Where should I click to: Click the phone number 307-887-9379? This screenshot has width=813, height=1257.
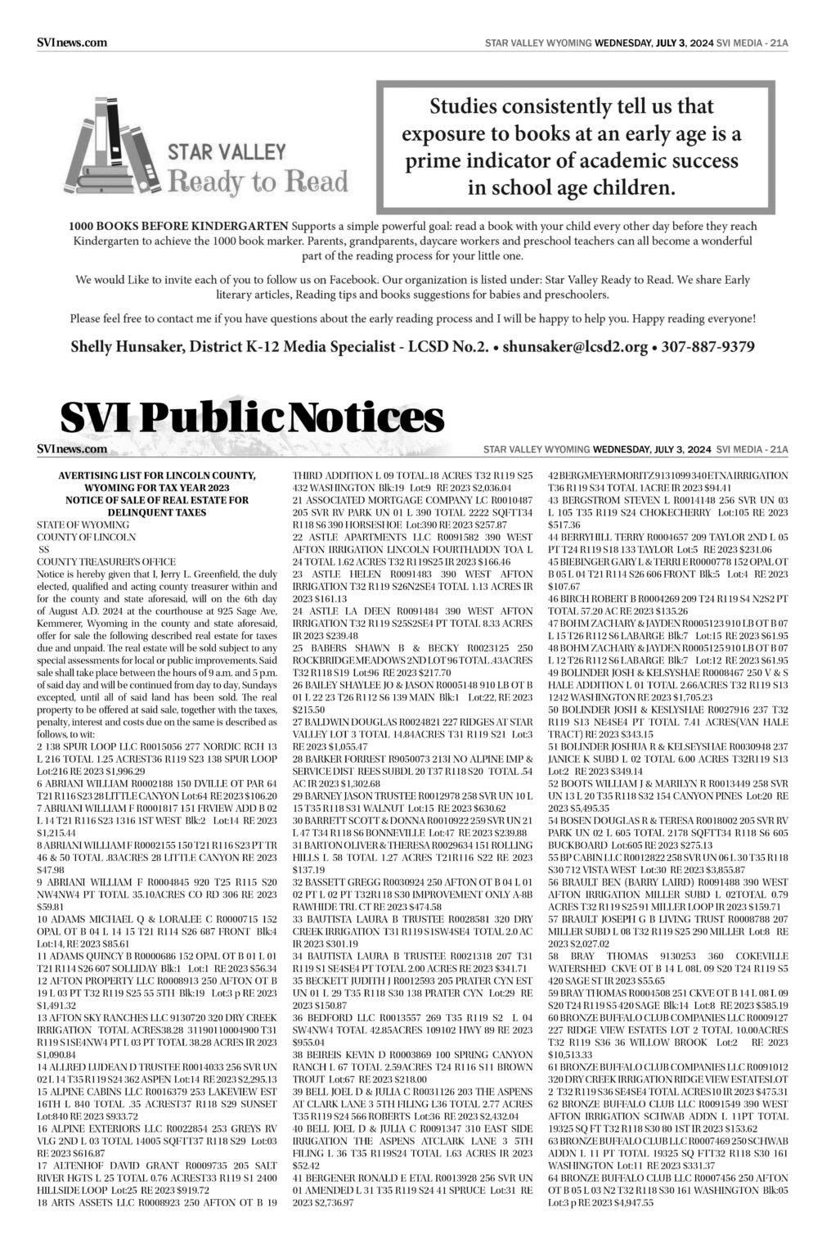[x=707, y=347]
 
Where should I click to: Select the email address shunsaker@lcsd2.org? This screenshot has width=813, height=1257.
[x=575, y=347]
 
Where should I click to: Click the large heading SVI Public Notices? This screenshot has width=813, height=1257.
[x=252, y=418]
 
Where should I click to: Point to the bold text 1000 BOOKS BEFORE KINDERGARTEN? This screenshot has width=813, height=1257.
[x=178, y=226]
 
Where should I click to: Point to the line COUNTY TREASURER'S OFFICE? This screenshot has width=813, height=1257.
[x=106, y=561]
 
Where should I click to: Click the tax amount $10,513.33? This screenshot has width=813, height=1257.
[x=574, y=1055]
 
